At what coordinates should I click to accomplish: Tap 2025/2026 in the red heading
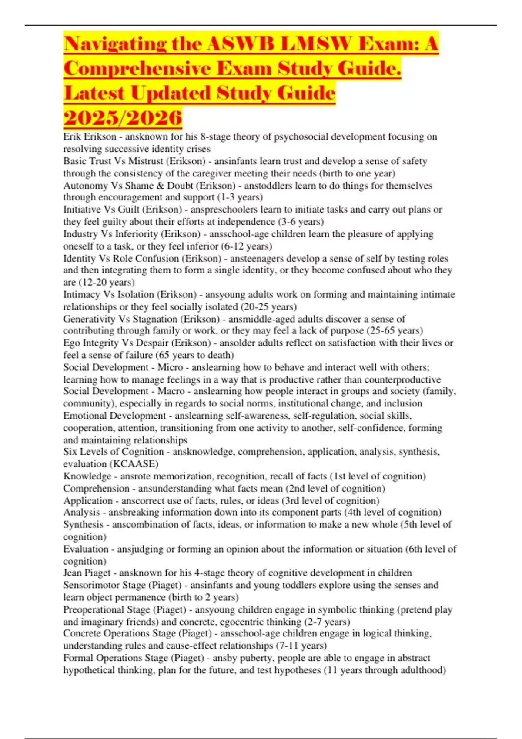point(123,117)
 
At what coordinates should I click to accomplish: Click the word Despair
point(152,343)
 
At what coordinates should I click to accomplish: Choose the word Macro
point(171,391)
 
